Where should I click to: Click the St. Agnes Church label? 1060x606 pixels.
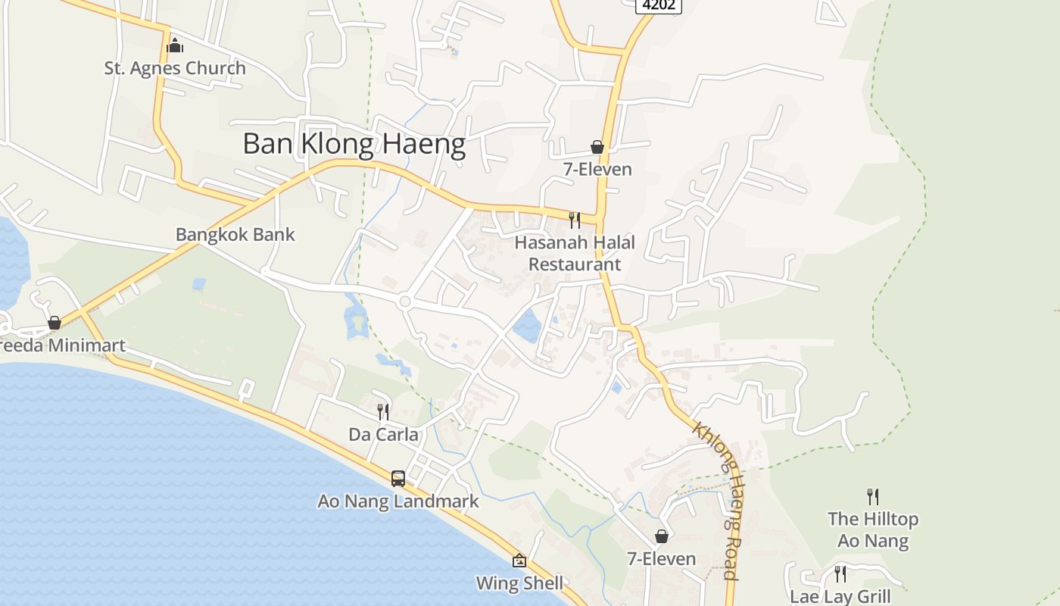pyautogui.click(x=175, y=68)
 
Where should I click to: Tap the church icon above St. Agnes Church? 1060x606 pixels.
pyautogui.click(x=175, y=46)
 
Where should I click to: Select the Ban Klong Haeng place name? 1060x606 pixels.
pyautogui.click(x=354, y=144)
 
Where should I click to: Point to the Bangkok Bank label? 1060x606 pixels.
pyautogui.click(x=235, y=234)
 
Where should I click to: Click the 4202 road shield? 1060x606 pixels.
pyautogui.click(x=658, y=5)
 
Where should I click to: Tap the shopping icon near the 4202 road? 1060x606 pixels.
pyautogui.click(x=597, y=147)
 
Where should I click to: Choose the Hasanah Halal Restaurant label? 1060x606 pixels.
pyautogui.click(x=575, y=253)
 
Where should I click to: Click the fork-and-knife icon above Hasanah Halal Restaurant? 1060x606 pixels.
pyautogui.click(x=575, y=220)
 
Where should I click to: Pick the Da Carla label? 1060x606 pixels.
pyautogui.click(x=383, y=434)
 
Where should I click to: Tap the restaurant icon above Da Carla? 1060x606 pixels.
pyautogui.click(x=383, y=412)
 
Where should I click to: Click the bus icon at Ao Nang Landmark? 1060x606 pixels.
pyautogui.click(x=398, y=479)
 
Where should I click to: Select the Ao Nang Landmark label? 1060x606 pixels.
pyautogui.click(x=398, y=501)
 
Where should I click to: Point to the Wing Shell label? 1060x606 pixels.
pyautogui.click(x=519, y=583)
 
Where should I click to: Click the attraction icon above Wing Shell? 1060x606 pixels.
pyautogui.click(x=519, y=561)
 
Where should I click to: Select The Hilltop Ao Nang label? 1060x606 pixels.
pyautogui.click(x=873, y=529)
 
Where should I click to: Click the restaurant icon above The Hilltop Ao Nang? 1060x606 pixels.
pyautogui.click(x=873, y=497)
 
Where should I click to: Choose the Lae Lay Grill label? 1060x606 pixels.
pyautogui.click(x=840, y=596)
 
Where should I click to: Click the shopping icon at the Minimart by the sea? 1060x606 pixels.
pyautogui.click(x=55, y=323)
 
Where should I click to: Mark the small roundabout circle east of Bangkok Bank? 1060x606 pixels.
pyautogui.click(x=404, y=301)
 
